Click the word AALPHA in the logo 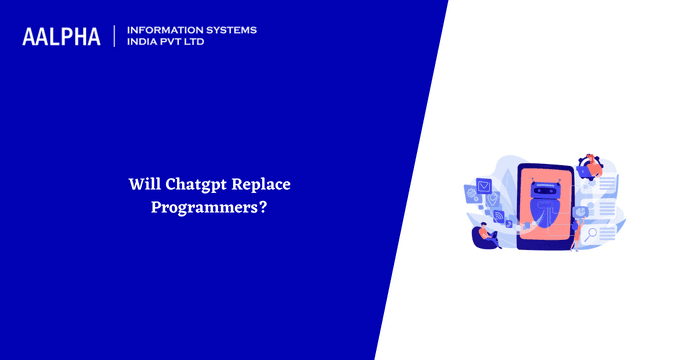click(61, 37)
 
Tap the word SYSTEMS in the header click(230, 30)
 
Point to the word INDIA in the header click(146, 43)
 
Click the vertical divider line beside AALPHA click(115, 37)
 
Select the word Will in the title click(143, 185)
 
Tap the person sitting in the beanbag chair click(485, 234)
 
